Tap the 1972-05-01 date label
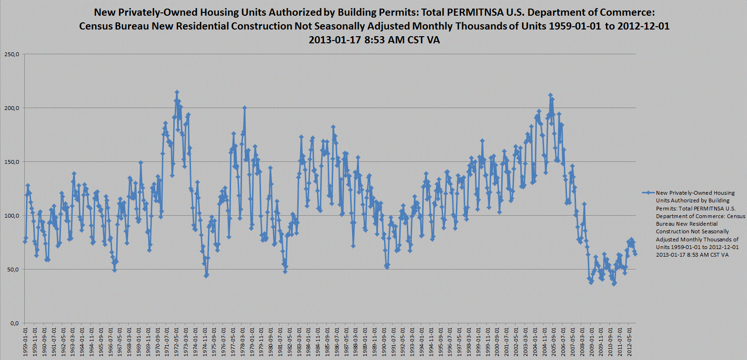[x=177, y=340]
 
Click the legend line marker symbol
[x=647, y=193]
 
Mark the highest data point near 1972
[x=177, y=92]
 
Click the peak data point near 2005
[x=550, y=95]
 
